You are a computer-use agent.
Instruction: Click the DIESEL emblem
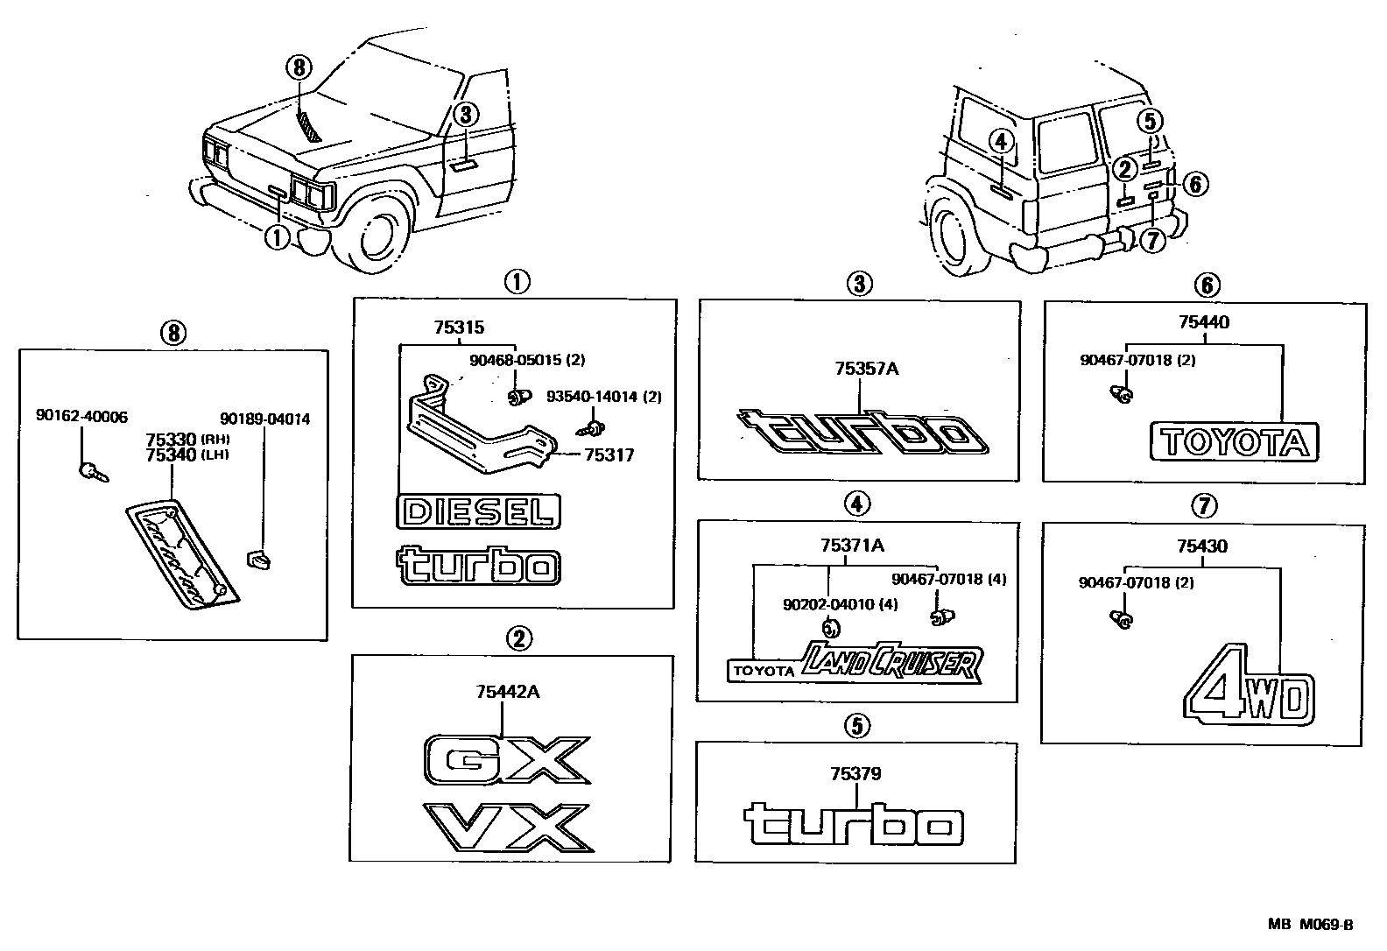[x=479, y=511]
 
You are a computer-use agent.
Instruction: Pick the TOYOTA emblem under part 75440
[x=1234, y=443]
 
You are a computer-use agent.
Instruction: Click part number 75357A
[x=865, y=369]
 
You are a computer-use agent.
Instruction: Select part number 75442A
[x=507, y=692]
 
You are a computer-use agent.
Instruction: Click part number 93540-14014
[x=593, y=397]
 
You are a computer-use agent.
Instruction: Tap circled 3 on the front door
[x=465, y=114]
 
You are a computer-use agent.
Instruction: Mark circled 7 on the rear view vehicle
[x=1153, y=240]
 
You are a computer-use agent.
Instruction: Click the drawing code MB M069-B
[x=1312, y=925]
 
